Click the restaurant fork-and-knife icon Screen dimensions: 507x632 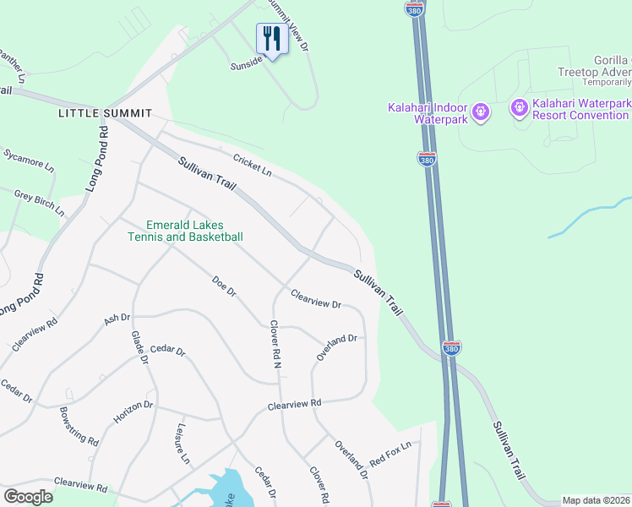(271, 38)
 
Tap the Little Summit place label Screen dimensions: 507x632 (105, 113)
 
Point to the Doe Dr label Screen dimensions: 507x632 (224, 286)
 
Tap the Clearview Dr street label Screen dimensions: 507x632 (316, 299)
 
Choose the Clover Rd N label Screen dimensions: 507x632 (275, 345)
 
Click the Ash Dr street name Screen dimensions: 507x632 (117, 319)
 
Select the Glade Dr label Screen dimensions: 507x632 (139, 347)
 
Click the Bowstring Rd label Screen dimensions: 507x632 (79, 428)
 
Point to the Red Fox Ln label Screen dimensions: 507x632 (390, 453)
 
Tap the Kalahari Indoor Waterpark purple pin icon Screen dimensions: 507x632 (481, 110)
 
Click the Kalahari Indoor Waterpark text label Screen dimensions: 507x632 (428, 113)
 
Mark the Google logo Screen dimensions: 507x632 (28, 497)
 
